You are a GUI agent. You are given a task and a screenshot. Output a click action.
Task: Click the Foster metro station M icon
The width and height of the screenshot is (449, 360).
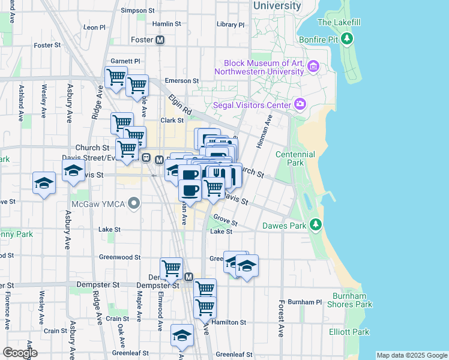pyautogui.click(x=160, y=40)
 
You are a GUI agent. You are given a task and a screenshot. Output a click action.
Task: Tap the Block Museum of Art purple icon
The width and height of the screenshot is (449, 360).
pyautogui.click(x=313, y=66)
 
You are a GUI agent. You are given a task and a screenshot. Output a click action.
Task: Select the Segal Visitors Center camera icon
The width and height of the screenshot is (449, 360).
pyautogui.click(x=300, y=104)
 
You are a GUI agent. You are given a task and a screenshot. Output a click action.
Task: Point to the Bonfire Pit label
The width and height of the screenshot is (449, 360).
pyautogui.click(x=319, y=40)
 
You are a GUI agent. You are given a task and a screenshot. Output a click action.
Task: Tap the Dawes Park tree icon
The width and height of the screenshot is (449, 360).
pyautogui.click(x=315, y=225)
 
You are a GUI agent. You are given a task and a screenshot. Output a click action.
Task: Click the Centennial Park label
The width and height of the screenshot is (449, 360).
pyautogui.click(x=295, y=159)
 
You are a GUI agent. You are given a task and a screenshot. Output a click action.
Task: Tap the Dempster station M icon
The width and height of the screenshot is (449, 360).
pyautogui.click(x=188, y=277)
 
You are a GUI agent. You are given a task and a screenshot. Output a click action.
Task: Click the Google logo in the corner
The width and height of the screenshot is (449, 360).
pyautogui.click(x=20, y=353)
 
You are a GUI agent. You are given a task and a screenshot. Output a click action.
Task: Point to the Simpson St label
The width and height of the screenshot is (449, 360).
pyautogui.click(x=138, y=10)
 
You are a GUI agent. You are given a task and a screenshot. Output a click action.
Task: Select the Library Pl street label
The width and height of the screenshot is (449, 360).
pyautogui.click(x=231, y=25)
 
